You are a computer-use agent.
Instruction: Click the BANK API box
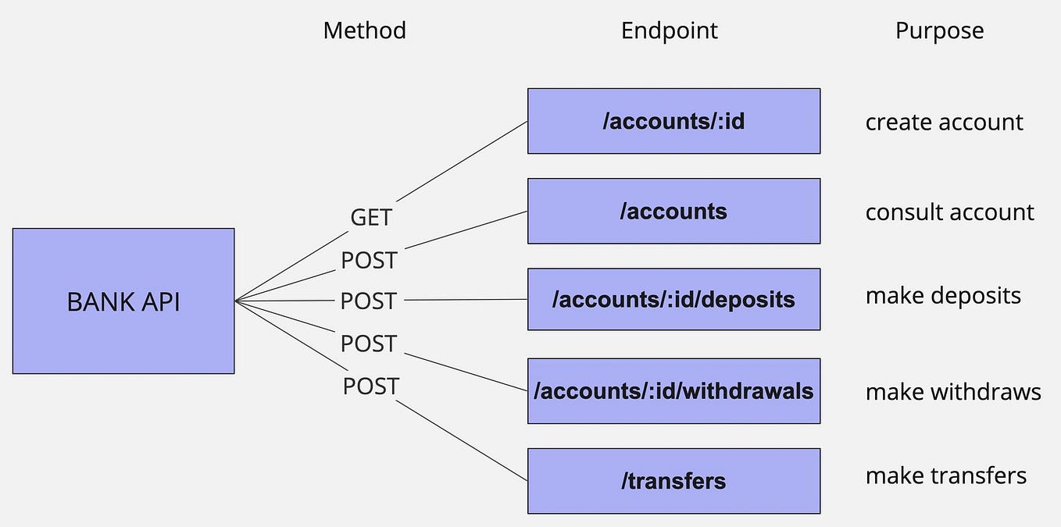(x=123, y=301)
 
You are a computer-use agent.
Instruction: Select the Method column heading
(x=364, y=30)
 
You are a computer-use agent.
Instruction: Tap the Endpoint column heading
(x=669, y=30)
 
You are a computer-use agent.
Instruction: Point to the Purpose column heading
(x=939, y=30)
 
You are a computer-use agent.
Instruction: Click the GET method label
(x=370, y=217)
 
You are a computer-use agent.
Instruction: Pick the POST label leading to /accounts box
(x=369, y=260)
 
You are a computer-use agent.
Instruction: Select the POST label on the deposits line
(x=369, y=301)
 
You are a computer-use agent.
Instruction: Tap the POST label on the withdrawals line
(x=369, y=344)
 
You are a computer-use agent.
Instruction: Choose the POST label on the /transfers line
(x=370, y=386)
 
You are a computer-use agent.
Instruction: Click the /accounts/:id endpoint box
(x=673, y=121)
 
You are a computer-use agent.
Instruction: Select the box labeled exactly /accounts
(x=673, y=211)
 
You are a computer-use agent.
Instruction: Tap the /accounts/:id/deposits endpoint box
(x=673, y=299)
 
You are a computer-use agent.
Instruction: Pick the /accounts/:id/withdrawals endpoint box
(x=673, y=390)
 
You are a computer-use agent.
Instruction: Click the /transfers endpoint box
(x=673, y=481)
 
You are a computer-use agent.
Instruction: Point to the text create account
(x=944, y=123)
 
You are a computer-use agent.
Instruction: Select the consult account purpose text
(x=949, y=212)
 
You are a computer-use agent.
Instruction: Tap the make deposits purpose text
(x=943, y=296)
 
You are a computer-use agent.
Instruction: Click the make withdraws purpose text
(x=953, y=391)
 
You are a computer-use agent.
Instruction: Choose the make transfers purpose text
(x=945, y=475)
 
